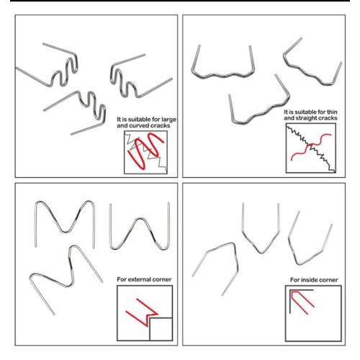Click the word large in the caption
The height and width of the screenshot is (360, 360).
tap(168, 120)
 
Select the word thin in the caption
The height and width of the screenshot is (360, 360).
tap(332, 112)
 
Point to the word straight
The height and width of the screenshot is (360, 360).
tap(307, 118)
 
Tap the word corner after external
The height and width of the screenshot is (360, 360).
tap(163, 279)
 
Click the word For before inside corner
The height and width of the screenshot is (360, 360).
tap(294, 280)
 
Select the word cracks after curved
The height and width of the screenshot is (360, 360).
tap(161, 125)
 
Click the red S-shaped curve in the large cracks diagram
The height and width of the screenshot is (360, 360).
tap(146, 150)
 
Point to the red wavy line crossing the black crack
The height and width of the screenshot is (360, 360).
tap(311, 147)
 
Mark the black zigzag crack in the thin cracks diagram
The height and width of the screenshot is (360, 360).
tap(311, 148)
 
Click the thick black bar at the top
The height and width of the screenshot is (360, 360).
tap(180, 1)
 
